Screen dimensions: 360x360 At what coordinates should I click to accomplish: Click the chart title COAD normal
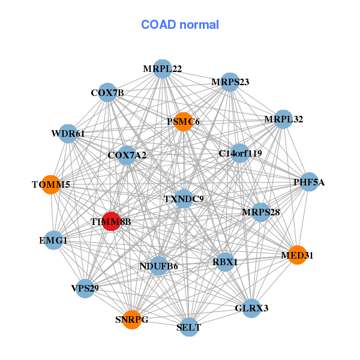point(180,25)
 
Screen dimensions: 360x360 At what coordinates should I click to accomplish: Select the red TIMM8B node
point(111,221)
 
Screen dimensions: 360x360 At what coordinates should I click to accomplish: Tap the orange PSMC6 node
point(182,122)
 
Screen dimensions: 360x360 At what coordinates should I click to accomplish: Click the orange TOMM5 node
point(52,184)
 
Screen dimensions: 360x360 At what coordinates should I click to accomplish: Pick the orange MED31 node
point(297,255)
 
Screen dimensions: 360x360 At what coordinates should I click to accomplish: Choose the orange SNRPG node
point(131,319)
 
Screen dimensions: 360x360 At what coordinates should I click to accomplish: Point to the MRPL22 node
point(163,69)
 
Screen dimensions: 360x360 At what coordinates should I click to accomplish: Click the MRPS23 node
point(230,82)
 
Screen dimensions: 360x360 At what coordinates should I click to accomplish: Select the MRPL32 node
point(282,119)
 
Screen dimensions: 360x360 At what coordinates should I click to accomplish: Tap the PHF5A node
point(308,182)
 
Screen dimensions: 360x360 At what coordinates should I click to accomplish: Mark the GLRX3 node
point(251,308)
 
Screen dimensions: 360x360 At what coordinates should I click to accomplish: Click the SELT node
point(189,327)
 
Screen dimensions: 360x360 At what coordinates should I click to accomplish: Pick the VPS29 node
point(85,289)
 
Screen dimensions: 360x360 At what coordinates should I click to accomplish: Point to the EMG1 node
point(53,241)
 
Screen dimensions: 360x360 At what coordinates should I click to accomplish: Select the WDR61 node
point(68,133)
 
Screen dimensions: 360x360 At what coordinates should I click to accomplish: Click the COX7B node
point(107,92)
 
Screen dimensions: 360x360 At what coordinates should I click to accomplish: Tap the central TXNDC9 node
point(184,199)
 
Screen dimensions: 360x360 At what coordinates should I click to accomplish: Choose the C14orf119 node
point(240,153)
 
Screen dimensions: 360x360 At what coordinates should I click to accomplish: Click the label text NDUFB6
point(158,266)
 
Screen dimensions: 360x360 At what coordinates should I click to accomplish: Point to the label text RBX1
point(225,262)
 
